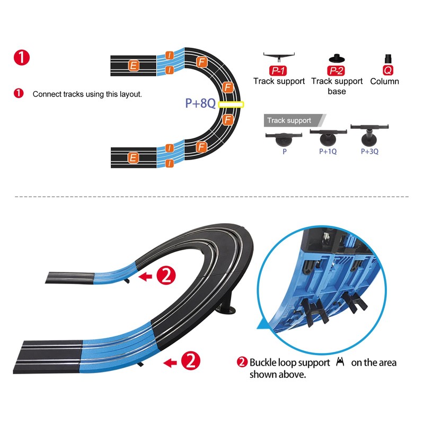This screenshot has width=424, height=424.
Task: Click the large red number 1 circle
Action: (22, 57)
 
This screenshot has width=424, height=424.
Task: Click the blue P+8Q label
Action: (200, 103)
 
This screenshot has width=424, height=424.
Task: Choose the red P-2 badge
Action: (336, 70)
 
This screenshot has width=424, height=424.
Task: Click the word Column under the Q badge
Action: (384, 82)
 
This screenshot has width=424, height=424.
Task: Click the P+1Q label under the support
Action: (328, 151)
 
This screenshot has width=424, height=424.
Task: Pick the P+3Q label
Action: (369, 151)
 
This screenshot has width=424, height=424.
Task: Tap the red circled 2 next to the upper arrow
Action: (166, 275)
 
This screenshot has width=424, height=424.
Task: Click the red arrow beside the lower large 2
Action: (170, 363)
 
